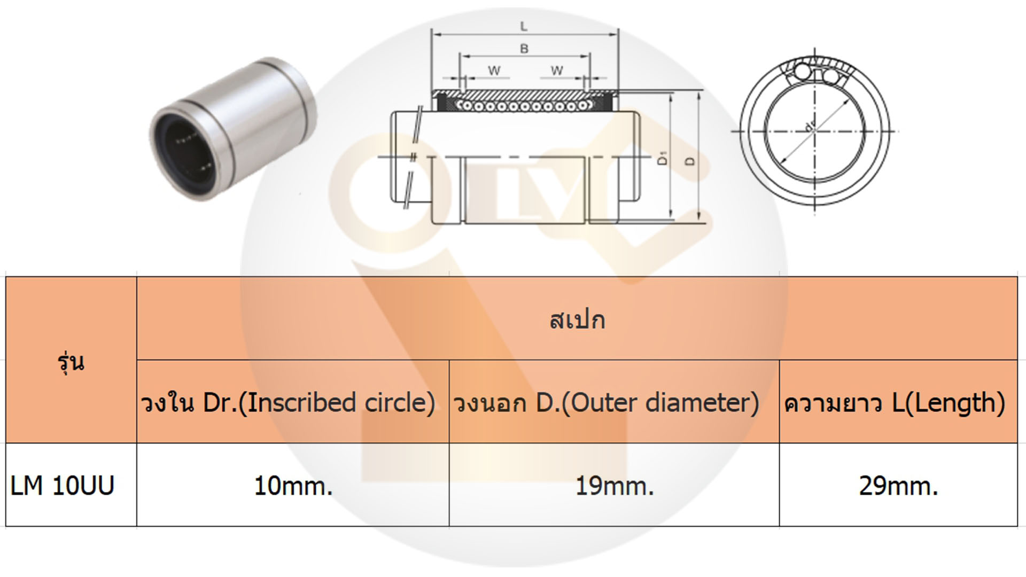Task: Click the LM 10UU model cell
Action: click(x=63, y=486)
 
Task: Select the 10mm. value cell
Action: click(x=293, y=486)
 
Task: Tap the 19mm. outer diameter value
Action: click(x=615, y=486)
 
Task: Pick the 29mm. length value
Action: click(x=898, y=486)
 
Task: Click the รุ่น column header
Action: click(x=71, y=362)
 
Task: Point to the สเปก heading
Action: click(x=577, y=320)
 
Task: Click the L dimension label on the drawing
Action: click(x=524, y=26)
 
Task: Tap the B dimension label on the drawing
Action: click(x=524, y=49)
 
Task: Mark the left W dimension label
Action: click(x=494, y=71)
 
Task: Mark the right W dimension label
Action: click(x=557, y=71)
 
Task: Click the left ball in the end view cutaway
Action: click(x=802, y=72)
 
